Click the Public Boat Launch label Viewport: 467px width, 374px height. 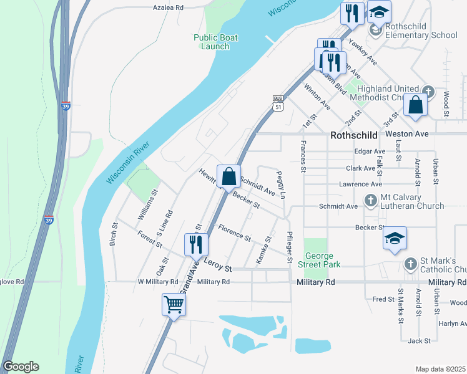click(x=211, y=42)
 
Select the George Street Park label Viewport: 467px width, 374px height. click(x=323, y=261)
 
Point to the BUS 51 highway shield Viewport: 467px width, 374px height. click(x=278, y=103)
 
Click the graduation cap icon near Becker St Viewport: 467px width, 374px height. click(x=395, y=237)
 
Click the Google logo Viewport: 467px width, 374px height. click(x=21, y=367)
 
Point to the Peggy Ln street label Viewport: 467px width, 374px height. click(x=282, y=185)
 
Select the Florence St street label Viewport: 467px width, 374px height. click(x=234, y=234)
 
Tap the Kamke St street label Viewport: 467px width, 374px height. click(x=263, y=250)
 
